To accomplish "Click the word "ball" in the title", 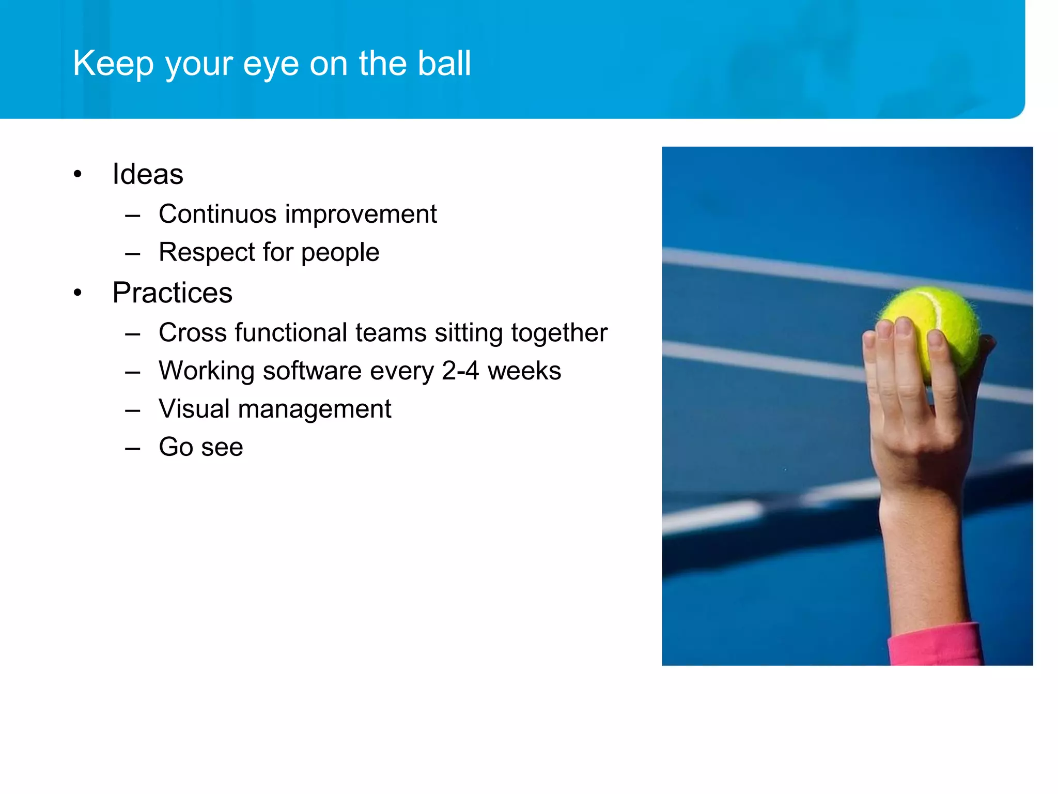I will (444, 63).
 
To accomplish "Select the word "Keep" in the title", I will (113, 64).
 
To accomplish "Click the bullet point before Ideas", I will (77, 174).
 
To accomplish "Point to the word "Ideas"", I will (148, 174).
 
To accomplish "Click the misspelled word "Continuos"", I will (217, 214).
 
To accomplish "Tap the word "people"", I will (340, 253).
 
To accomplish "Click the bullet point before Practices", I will (77, 293).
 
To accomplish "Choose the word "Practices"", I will (172, 293).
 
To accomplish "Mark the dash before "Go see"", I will (133, 448).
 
